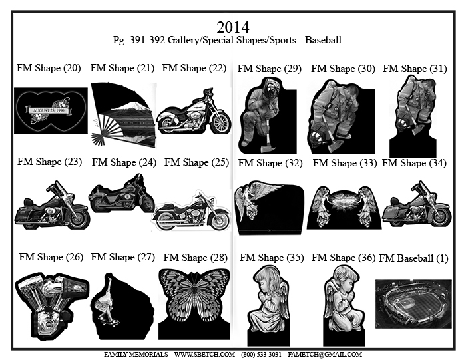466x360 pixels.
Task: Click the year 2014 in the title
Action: (233, 27)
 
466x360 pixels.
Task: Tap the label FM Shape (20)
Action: (49, 68)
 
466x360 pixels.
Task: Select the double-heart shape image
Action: (51, 110)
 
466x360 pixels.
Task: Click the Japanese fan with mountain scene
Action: (123, 114)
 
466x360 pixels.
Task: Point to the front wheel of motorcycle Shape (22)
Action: (220, 123)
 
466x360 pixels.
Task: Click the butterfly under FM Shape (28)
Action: (194, 297)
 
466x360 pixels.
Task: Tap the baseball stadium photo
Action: (413, 304)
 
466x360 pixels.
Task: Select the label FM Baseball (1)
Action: (413, 258)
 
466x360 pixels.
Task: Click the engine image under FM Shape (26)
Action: (53, 305)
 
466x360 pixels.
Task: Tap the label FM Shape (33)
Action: (344, 163)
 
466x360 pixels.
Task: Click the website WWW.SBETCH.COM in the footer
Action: (204, 355)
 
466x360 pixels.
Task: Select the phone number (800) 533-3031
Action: (261, 355)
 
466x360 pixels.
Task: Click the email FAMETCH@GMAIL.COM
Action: (325, 355)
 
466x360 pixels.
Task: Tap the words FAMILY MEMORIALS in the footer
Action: (136, 355)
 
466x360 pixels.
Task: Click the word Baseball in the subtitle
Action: (323, 40)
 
